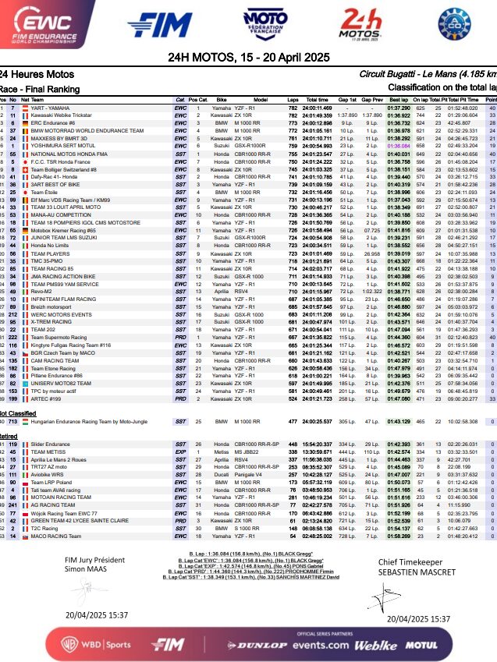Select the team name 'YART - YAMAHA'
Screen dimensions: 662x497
[51, 108]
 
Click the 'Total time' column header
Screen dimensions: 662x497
[316, 100]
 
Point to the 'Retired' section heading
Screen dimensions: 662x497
[12, 437]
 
